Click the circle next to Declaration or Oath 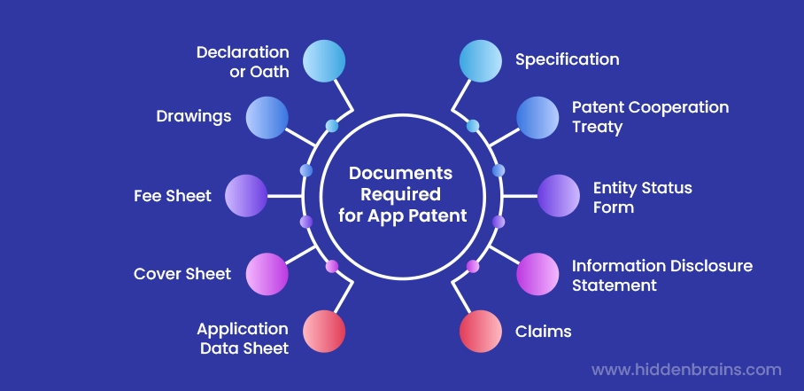[x=324, y=61]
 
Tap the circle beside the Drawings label [x=267, y=117]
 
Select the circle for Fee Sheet [x=246, y=196]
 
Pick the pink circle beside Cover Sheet [x=267, y=274]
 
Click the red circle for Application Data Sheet [x=324, y=331]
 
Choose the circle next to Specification [x=481, y=61]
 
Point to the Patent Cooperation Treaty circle [x=537, y=117]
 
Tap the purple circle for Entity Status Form [x=559, y=196]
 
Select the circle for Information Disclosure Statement [x=537, y=274]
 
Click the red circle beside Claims [x=481, y=331]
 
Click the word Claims [x=543, y=332]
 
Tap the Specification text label [x=567, y=60]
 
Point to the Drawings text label [x=194, y=117]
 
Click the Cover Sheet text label [x=182, y=274]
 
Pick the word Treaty [x=597, y=127]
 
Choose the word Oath [x=270, y=72]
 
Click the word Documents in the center [x=400, y=173]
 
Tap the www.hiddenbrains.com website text [x=686, y=370]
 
